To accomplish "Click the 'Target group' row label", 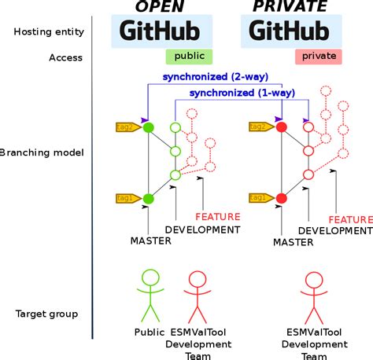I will click(x=46, y=314).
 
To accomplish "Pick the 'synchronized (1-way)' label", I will click(x=242, y=93).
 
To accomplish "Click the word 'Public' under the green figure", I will click(x=149, y=332).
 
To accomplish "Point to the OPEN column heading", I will click(x=161, y=7).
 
